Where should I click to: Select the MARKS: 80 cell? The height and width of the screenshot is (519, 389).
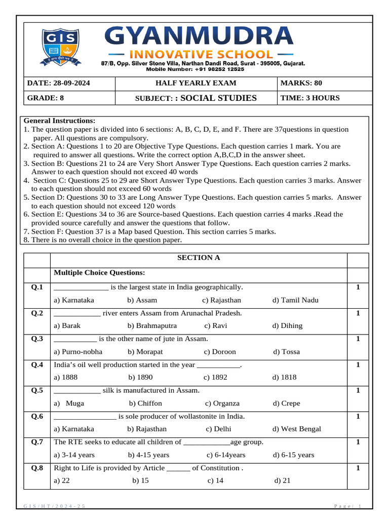pyautogui.click(x=301, y=83)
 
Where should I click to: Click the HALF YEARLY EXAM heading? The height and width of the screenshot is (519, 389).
pyautogui.click(x=196, y=83)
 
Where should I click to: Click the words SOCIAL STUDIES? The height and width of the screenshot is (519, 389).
pyautogui.click(x=218, y=98)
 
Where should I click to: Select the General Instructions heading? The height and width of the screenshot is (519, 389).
pyautogui.click(x=59, y=121)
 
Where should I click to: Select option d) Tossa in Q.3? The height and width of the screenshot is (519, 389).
pyautogui.click(x=286, y=352)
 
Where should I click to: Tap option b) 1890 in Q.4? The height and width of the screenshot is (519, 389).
pyautogui.click(x=140, y=378)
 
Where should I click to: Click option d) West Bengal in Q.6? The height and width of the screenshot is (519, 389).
pyautogui.click(x=296, y=429)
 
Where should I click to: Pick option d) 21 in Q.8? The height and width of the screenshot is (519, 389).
pyautogui.click(x=282, y=481)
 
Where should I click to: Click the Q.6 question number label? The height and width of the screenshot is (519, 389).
pyautogui.click(x=37, y=417)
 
